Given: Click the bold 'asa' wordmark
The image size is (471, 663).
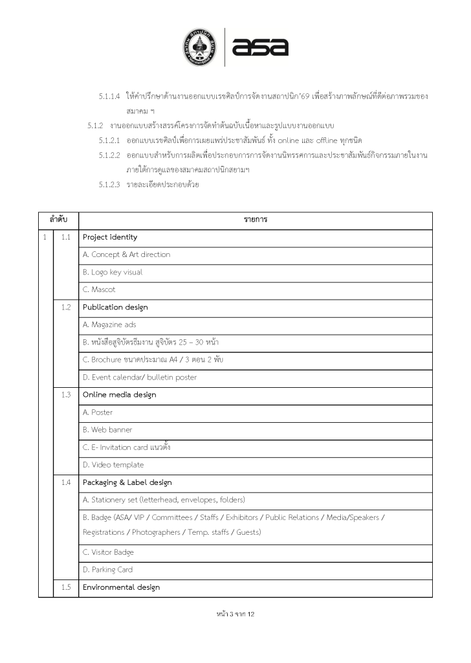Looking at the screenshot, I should pyautogui.click(x=260, y=47).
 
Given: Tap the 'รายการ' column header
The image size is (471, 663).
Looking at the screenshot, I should pyautogui.click(x=256, y=219).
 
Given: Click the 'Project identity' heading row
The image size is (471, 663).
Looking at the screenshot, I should pyautogui.click(x=110, y=237).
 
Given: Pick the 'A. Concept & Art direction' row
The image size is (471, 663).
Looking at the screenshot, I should pyautogui.click(x=126, y=254).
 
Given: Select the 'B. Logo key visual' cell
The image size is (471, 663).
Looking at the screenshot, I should pyautogui.click(x=113, y=272).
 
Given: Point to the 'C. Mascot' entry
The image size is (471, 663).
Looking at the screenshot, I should pyautogui.click(x=99, y=289).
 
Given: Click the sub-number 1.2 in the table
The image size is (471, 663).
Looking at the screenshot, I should pyautogui.click(x=65, y=307).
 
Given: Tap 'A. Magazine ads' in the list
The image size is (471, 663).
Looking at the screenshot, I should pyautogui.click(x=109, y=324).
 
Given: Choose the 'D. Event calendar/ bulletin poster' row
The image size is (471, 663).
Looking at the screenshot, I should pyautogui.click(x=140, y=377).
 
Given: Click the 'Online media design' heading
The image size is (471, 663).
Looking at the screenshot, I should pyautogui.click(x=119, y=394).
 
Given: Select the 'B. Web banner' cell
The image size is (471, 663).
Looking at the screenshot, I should pyautogui.click(x=107, y=429).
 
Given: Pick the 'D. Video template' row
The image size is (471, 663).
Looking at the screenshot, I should pyautogui.click(x=113, y=464).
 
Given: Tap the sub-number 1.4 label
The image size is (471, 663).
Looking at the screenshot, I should pyautogui.click(x=65, y=482).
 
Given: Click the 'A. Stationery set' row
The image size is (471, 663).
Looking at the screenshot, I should pyautogui.click(x=164, y=499).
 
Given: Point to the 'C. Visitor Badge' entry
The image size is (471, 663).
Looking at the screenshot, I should pyautogui.click(x=108, y=552).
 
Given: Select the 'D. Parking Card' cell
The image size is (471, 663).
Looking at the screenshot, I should pyautogui.click(x=108, y=570).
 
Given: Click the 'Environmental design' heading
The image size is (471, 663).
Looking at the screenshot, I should pyautogui.click(x=121, y=587).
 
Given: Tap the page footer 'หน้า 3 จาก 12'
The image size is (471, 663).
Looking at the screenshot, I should pyautogui.click(x=235, y=613).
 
